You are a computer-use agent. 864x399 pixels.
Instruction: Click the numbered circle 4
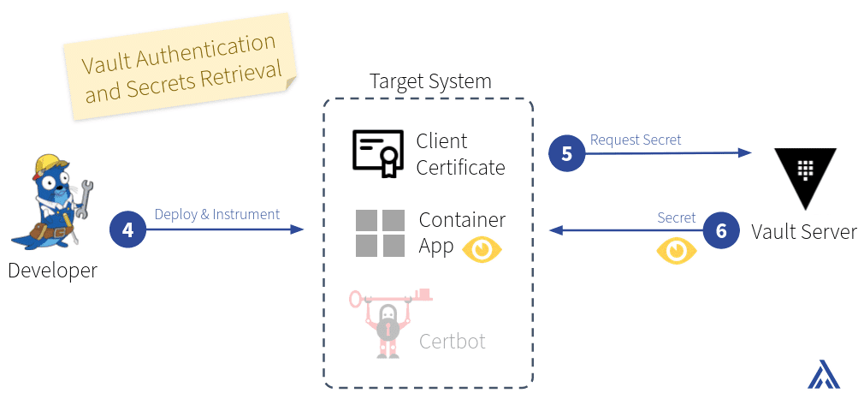pos(127,230)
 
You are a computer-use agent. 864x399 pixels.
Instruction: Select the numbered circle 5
pos(566,154)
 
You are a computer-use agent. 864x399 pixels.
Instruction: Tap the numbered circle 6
pos(721,231)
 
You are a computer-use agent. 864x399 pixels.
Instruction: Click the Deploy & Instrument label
pos(217,214)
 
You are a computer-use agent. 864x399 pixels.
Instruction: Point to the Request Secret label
pos(636,140)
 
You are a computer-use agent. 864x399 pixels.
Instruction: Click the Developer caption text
pos(52,271)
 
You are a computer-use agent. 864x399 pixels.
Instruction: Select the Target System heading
pos(430,81)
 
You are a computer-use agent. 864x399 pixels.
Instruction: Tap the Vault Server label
pos(804,231)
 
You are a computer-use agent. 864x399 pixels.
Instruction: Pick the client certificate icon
pos(378,154)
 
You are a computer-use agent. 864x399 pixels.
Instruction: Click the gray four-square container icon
pos(380,233)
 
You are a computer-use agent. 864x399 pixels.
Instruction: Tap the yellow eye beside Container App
pos(482,249)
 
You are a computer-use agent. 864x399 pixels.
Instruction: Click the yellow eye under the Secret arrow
pos(677,251)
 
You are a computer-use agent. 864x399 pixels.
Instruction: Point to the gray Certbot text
pos(453,342)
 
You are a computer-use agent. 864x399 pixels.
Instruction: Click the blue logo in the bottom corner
pos(824,374)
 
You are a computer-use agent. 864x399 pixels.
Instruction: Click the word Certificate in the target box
pos(460,167)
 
